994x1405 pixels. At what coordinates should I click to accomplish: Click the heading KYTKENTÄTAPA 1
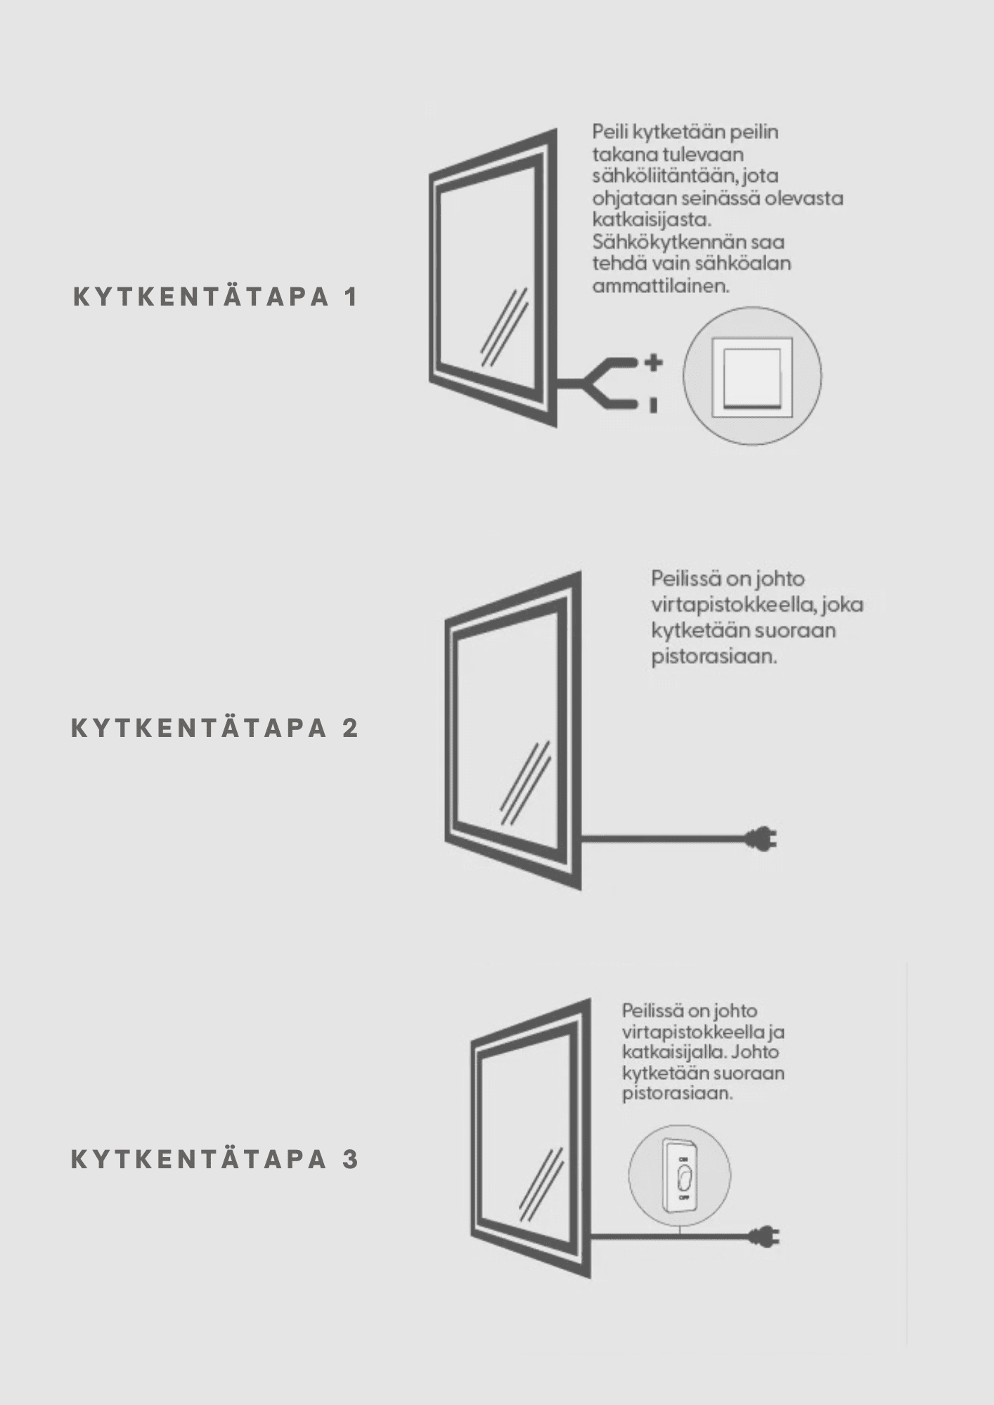pyautogui.click(x=216, y=297)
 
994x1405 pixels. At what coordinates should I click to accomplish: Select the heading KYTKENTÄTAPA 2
pyautogui.click(x=215, y=728)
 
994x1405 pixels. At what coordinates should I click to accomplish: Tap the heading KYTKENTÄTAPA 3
pyautogui.click(x=215, y=1160)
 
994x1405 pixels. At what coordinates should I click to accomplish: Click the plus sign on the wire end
pyautogui.click(x=654, y=362)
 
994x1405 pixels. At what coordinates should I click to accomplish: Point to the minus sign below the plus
pyautogui.click(x=654, y=405)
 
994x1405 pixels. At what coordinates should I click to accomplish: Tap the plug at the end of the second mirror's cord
pyautogui.click(x=762, y=838)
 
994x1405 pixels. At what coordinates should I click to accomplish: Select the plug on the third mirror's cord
pyautogui.click(x=764, y=1236)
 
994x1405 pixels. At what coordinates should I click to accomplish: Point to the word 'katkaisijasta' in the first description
pyautogui.click(x=652, y=220)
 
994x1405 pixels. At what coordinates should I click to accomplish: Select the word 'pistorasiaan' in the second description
pyautogui.click(x=714, y=658)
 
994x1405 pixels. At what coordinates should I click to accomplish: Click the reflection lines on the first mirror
pyautogui.click(x=504, y=327)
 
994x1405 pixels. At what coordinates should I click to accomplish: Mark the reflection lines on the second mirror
pyautogui.click(x=525, y=783)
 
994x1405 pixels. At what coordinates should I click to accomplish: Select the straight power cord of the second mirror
pyautogui.click(x=664, y=838)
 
